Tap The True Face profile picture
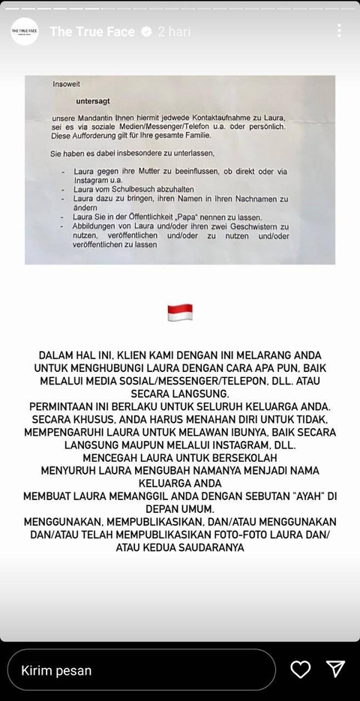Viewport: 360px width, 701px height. coord(25,31)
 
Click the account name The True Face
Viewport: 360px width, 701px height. coord(92,31)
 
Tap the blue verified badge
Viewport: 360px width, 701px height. coord(147,31)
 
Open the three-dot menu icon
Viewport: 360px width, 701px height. coord(340,31)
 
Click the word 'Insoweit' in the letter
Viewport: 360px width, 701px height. coord(65,85)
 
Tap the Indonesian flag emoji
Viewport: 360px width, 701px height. coord(180,313)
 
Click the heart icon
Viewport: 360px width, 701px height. coord(300,669)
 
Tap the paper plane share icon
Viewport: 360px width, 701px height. coord(335,669)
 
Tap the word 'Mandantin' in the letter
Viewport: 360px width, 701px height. coord(93,118)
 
